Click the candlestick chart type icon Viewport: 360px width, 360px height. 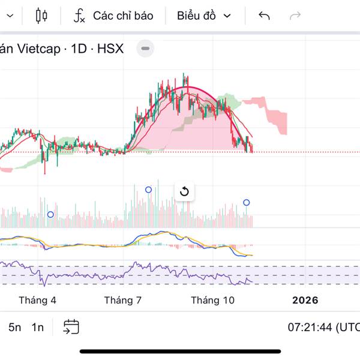[x=41, y=16]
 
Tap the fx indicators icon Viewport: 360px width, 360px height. [x=79, y=16]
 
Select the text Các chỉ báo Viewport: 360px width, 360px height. [x=123, y=16]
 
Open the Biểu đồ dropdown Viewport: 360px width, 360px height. [x=203, y=16]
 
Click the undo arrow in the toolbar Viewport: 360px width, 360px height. [x=264, y=16]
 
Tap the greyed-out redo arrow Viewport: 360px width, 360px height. [x=295, y=16]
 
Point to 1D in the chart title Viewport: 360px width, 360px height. [x=79, y=49]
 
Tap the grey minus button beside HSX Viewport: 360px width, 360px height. [x=145, y=49]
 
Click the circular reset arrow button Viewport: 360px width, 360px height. [x=184, y=192]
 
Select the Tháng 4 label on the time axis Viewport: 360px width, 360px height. [x=37, y=300]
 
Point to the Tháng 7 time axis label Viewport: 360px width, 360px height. [x=122, y=300]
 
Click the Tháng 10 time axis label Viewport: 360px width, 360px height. [x=212, y=300]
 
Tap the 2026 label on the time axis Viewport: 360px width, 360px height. [x=305, y=300]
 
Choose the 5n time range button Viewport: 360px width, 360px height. [x=14, y=327]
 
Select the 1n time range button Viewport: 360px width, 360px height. [x=38, y=327]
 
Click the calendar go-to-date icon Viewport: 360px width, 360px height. [x=71, y=327]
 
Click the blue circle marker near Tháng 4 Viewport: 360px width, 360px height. [x=50, y=214]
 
